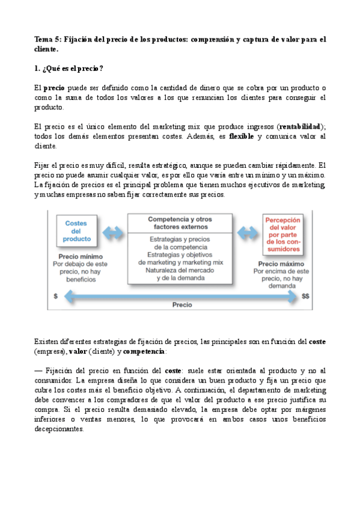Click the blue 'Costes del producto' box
pyautogui.click(x=76, y=231)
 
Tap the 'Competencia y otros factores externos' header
pyautogui.click(x=179, y=223)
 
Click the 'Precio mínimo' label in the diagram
pyautogui.click(x=76, y=255)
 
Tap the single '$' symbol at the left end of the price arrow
pyautogui.click(x=56, y=296)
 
